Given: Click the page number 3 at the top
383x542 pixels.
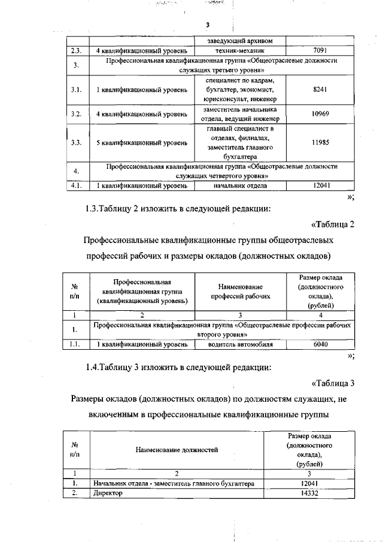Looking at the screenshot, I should tap(207, 25).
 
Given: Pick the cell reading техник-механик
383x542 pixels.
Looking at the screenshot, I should tap(240, 50).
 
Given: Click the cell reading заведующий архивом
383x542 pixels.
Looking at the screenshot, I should tap(240, 41).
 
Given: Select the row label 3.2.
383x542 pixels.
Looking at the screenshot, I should tap(76, 114).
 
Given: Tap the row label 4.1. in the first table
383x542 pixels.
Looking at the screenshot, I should tap(76, 186).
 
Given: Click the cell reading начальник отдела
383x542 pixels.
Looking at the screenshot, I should tap(240, 186).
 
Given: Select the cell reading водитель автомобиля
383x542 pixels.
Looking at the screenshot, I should tap(240, 344).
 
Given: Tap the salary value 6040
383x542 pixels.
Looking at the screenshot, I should tap(321, 344).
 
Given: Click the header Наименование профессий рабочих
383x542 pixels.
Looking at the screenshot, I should tap(240, 292).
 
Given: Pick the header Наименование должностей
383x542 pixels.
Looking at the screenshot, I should tap(177, 449).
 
